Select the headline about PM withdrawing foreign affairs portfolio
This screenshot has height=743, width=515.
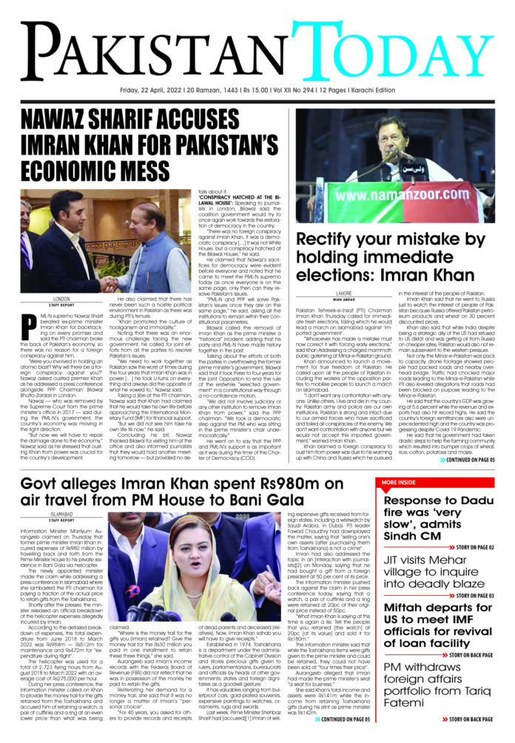pos(440,693)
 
